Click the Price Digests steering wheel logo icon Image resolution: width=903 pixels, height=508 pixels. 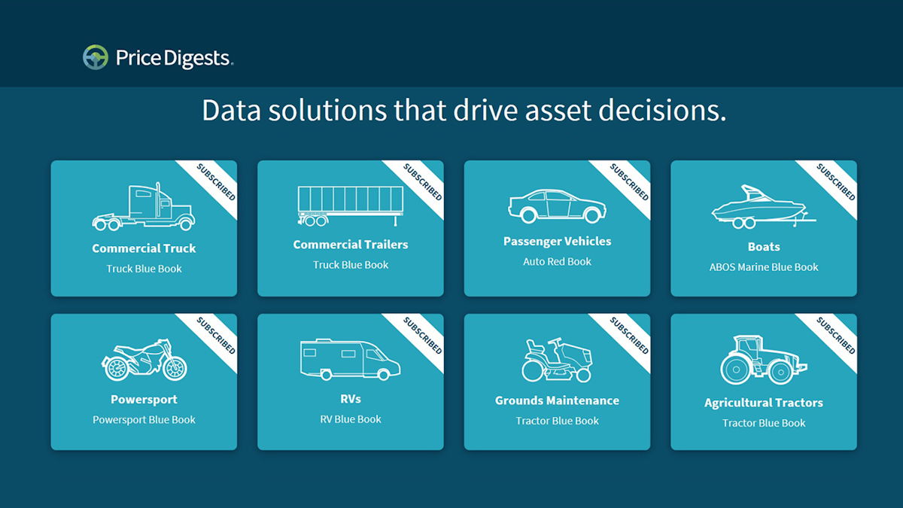click(x=96, y=57)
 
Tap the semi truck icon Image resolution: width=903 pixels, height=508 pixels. click(x=144, y=206)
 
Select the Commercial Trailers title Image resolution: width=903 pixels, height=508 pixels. click(x=351, y=245)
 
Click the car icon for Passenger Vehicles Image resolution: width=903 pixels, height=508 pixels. click(x=557, y=206)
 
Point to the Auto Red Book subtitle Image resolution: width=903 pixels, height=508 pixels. click(x=557, y=262)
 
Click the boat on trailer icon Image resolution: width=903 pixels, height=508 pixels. click(x=764, y=207)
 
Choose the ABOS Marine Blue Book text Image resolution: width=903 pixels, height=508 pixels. click(x=764, y=267)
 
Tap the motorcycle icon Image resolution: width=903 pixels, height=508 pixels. click(x=144, y=360)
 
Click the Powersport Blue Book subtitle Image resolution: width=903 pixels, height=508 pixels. click(x=144, y=420)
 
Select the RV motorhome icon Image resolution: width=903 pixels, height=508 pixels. click(x=351, y=359)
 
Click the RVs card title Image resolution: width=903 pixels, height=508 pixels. click(x=351, y=399)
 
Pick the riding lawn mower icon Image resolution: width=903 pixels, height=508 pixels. click(x=557, y=360)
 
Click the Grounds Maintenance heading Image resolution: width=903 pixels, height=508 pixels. click(x=557, y=400)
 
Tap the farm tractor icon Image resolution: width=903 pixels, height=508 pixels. click(x=764, y=360)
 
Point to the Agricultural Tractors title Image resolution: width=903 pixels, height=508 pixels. click(x=764, y=403)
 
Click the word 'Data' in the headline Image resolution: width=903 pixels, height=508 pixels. click(x=232, y=110)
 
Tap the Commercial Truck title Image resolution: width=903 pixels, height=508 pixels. click(x=144, y=248)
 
